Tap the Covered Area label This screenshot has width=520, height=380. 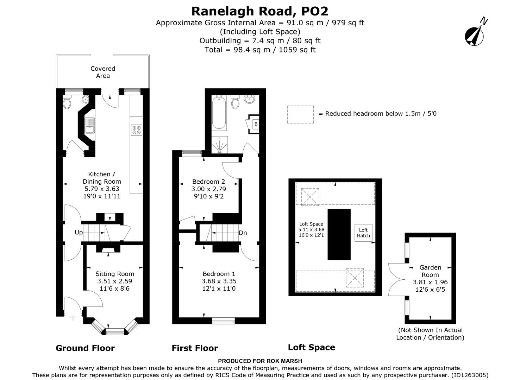(x=103, y=72)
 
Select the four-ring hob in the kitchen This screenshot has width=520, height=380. (x=136, y=130)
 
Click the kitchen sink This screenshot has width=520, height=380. (x=89, y=126)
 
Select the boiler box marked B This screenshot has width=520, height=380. (x=255, y=124)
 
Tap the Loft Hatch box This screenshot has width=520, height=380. (x=363, y=233)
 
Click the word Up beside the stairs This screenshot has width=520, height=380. (x=79, y=233)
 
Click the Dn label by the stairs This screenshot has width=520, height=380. (x=243, y=233)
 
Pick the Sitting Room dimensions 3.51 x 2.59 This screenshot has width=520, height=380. (x=115, y=281)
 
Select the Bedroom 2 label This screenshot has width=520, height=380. (x=208, y=182)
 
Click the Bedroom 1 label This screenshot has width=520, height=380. (x=219, y=274)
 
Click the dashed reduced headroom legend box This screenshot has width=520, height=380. (x=300, y=114)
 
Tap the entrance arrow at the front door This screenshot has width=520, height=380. (x=73, y=317)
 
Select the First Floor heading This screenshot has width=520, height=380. (x=195, y=348)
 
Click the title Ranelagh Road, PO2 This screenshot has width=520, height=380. (x=260, y=11)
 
